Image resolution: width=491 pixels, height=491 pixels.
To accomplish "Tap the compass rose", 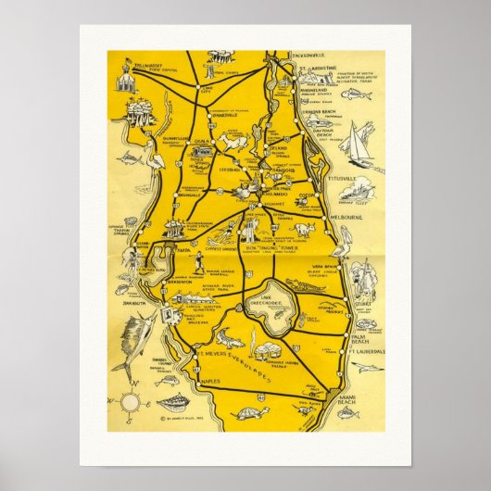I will point(131,401).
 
